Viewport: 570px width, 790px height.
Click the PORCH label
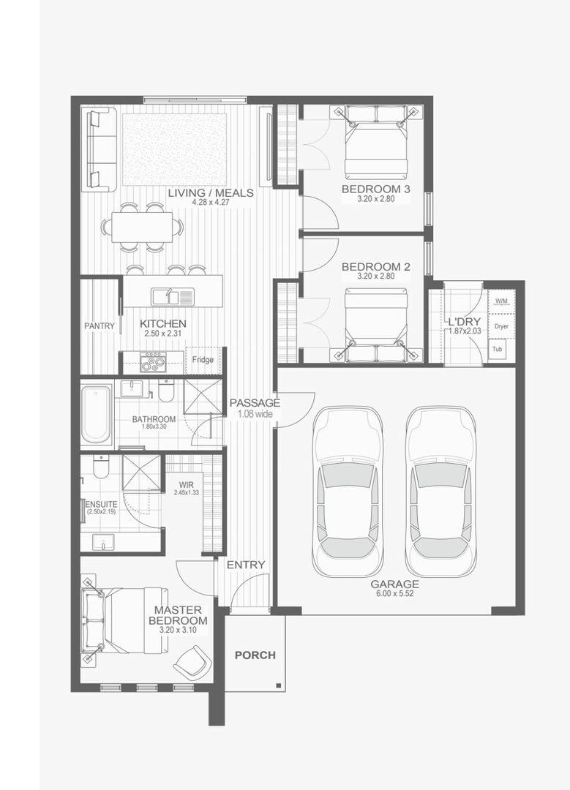pyautogui.click(x=255, y=655)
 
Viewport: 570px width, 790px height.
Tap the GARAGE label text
pyautogui.click(x=394, y=584)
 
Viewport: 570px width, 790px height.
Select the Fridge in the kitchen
pyautogui.click(x=203, y=360)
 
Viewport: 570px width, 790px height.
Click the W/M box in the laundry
pyautogui.click(x=501, y=301)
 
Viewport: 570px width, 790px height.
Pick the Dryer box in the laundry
pyautogui.click(x=501, y=326)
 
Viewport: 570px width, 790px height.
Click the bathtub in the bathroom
pyautogui.click(x=97, y=415)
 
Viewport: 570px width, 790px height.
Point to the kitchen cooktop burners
pyautogui.click(x=153, y=362)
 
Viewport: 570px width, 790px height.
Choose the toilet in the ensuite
pyautogui.click(x=101, y=467)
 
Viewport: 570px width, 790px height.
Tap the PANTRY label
pyautogui.click(x=100, y=326)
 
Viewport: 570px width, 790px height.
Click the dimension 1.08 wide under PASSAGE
pyautogui.click(x=255, y=414)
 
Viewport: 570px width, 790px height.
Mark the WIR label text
pyautogui.click(x=186, y=485)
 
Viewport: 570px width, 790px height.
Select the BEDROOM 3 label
pyautogui.click(x=376, y=189)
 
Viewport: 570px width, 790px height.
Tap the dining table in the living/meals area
pyautogui.click(x=142, y=227)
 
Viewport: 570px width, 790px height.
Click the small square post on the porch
pyautogui.click(x=278, y=685)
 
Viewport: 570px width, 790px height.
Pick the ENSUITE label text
pyautogui.click(x=101, y=504)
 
